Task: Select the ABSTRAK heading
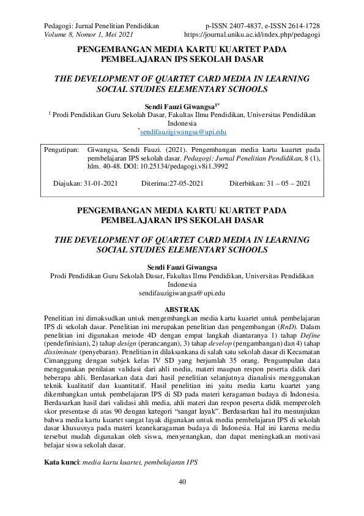(x=182, y=309)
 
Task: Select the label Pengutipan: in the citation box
(x=62, y=149)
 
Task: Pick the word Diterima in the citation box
(x=156, y=183)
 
